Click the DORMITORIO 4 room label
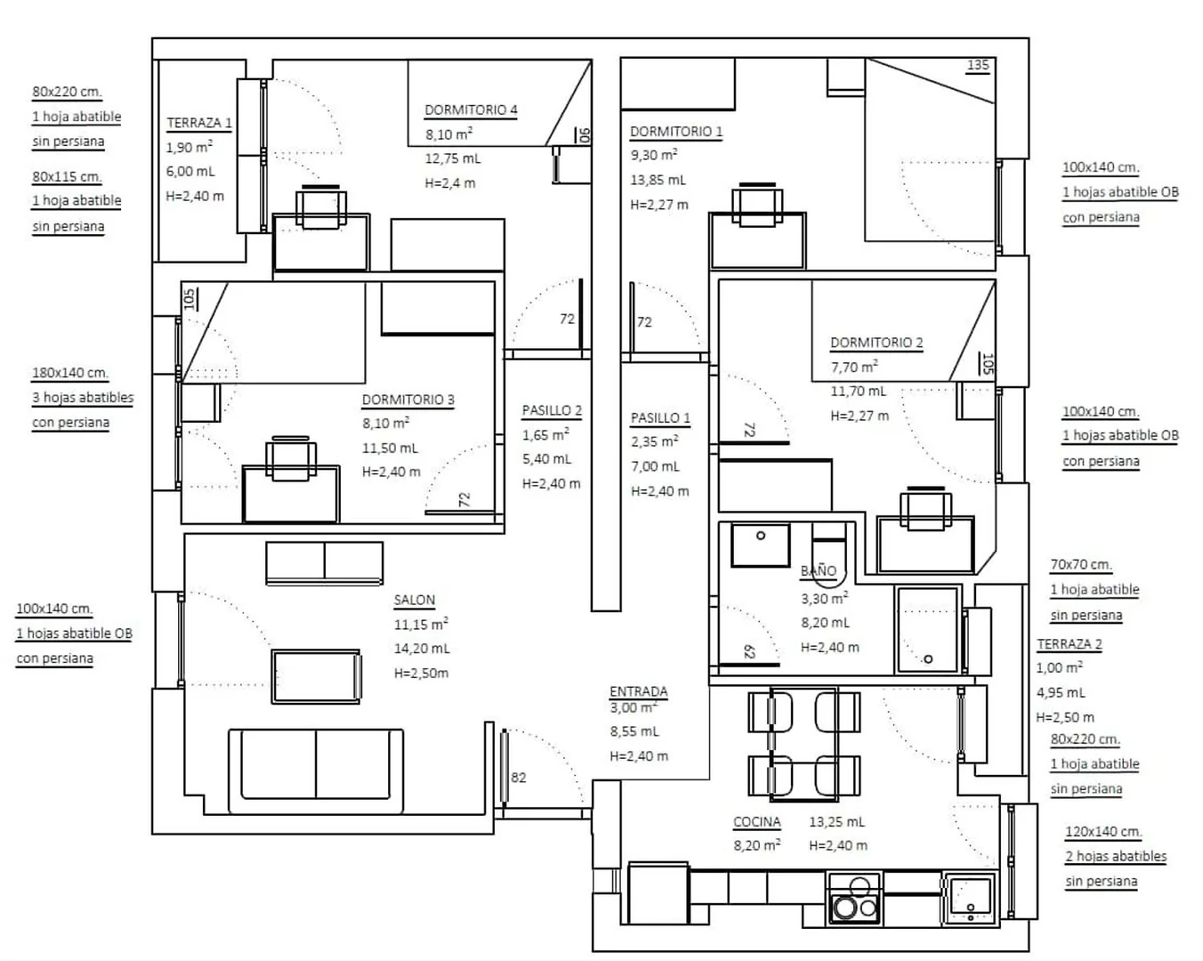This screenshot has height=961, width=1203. (x=471, y=110)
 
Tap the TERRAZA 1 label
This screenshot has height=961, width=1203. (x=199, y=123)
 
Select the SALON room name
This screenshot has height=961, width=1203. (x=415, y=600)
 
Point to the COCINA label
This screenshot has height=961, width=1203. (x=757, y=822)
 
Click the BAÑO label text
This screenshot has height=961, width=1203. (x=819, y=570)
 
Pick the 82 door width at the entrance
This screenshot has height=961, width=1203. (x=518, y=778)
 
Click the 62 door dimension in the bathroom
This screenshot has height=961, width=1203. (x=749, y=651)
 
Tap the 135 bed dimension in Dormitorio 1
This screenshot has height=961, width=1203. (x=978, y=65)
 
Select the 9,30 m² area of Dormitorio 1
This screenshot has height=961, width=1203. (x=654, y=155)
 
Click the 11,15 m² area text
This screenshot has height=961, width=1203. (x=421, y=624)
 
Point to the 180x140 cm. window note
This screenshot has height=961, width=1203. (x=70, y=373)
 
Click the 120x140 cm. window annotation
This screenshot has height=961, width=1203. (x=1103, y=832)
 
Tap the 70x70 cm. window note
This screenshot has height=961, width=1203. (x=1081, y=565)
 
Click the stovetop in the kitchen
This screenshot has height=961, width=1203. (x=854, y=898)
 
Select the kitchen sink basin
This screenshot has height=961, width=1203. (x=971, y=898)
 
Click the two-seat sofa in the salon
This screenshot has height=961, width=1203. (x=316, y=771)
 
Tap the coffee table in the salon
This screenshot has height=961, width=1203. (x=317, y=676)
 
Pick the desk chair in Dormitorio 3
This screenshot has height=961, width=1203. (x=291, y=458)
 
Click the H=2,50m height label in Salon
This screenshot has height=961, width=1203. (x=421, y=673)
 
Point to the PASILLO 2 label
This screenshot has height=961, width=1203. (x=552, y=410)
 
